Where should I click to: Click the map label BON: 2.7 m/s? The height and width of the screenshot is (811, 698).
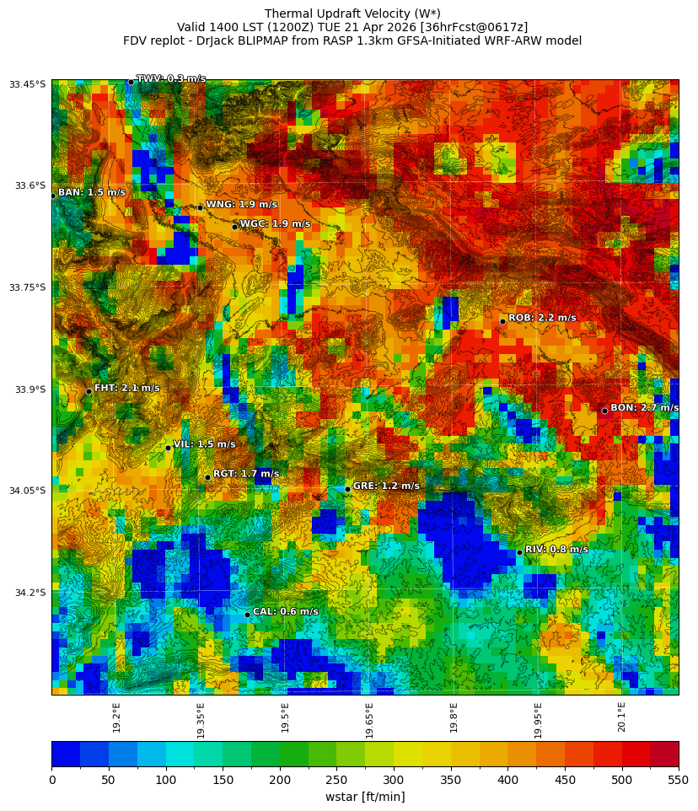click(x=644, y=408)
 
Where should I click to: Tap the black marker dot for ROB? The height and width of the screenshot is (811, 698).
click(x=502, y=321)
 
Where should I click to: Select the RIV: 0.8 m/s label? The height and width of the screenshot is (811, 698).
click(x=556, y=550)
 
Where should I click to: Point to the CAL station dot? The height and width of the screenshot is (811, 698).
click(x=247, y=615)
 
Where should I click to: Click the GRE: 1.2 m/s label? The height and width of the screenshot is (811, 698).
click(x=386, y=486)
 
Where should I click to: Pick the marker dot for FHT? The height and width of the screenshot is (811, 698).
click(x=89, y=391)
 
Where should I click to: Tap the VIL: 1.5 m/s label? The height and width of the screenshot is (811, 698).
click(x=204, y=444)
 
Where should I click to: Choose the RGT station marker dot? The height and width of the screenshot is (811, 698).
click(x=207, y=477)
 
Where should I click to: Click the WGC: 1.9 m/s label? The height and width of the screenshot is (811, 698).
click(x=275, y=224)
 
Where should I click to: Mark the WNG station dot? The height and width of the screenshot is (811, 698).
click(x=200, y=207)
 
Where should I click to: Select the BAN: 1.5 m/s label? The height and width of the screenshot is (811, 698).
click(x=92, y=193)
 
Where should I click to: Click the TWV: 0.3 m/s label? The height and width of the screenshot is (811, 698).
click(x=171, y=79)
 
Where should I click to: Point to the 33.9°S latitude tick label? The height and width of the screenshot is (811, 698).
click(x=28, y=389)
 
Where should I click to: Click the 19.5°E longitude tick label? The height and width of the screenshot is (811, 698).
click(x=285, y=717)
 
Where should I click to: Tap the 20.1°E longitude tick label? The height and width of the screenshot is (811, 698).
click(x=621, y=717)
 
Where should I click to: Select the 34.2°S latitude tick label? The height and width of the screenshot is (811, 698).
click(x=28, y=593)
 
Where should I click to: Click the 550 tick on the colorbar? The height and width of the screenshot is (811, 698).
click(x=678, y=781)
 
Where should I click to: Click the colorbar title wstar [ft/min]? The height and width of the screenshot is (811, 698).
click(x=365, y=797)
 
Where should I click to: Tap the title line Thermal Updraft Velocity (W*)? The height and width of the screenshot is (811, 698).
click(x=352, y=13)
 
